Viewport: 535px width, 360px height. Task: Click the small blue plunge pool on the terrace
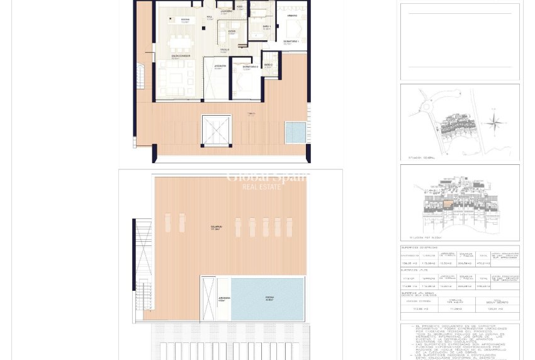point(295,132)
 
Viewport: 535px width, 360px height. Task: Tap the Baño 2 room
point(270,65)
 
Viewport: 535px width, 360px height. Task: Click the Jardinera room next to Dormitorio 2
point(218,79)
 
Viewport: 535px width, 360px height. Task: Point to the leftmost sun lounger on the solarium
point(168,222)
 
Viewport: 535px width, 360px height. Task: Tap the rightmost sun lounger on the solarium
point(290,227)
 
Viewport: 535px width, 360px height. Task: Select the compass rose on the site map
point(495,121)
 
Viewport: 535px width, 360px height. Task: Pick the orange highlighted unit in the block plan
point(447,204)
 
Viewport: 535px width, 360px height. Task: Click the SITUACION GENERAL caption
point(422,158)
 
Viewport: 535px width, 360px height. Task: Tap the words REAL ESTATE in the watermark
point(262,187)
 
